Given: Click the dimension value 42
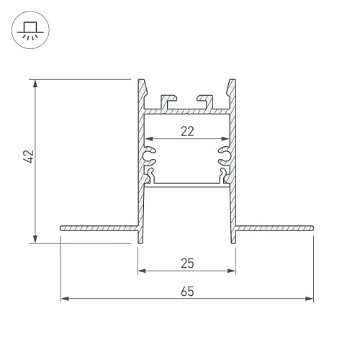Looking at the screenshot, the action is (x=29, y=157).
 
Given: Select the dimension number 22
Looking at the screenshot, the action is (x=187, y=132).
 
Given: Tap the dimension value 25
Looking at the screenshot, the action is (x=187, y=264).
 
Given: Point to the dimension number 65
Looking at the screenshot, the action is (x=187, y=292).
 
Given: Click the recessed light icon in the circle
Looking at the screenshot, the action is (x=30, y=30).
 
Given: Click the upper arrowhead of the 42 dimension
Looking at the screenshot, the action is (x=35, y=84).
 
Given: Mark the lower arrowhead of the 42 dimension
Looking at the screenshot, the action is (x=35, y=239).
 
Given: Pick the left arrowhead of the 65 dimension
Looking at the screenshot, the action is (x=65, y=299).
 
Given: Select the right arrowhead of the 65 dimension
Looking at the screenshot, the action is (x=310, y=299).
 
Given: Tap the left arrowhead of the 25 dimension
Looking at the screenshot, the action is (x=142, y=271).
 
